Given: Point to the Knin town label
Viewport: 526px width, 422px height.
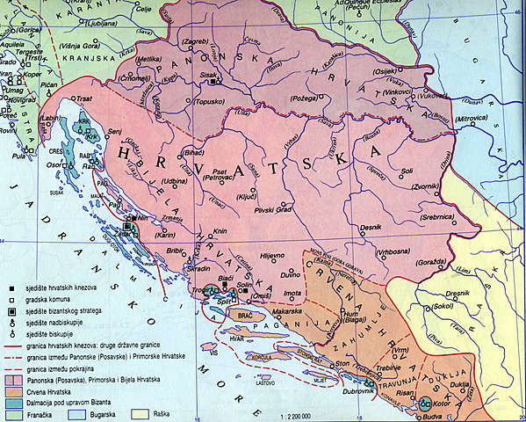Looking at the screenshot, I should [221, 232].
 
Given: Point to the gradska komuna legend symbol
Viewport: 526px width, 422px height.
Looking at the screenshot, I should [10, 300].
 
